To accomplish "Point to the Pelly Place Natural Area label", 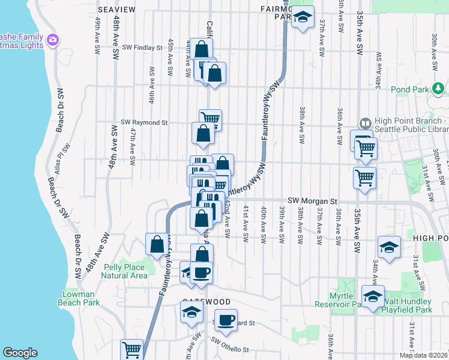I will pyautogui.click(x=124, y=271).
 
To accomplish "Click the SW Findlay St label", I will pyautogui.click(x=142, y=47).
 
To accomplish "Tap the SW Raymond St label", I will pyautogui.click(x=144, y=122).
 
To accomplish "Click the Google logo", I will pyautogui.click(x=20, y=353).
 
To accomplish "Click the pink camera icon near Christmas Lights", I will pyautogui.click(x=53, y=40).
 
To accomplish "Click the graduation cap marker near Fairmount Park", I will pyautogui.click(x=303, y=18).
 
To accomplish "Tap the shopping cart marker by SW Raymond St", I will pyautogui.click(x=210, y=119).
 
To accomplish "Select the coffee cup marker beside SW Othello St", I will pyautogui.click(x=226, y=320).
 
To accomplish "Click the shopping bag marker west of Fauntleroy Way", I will pyautogui.click(x=157, y=244).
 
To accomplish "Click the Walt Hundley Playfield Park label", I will pyautogui.click(x=408, y=305).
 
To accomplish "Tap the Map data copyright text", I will pyautogui.click(x=424, y=355).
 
